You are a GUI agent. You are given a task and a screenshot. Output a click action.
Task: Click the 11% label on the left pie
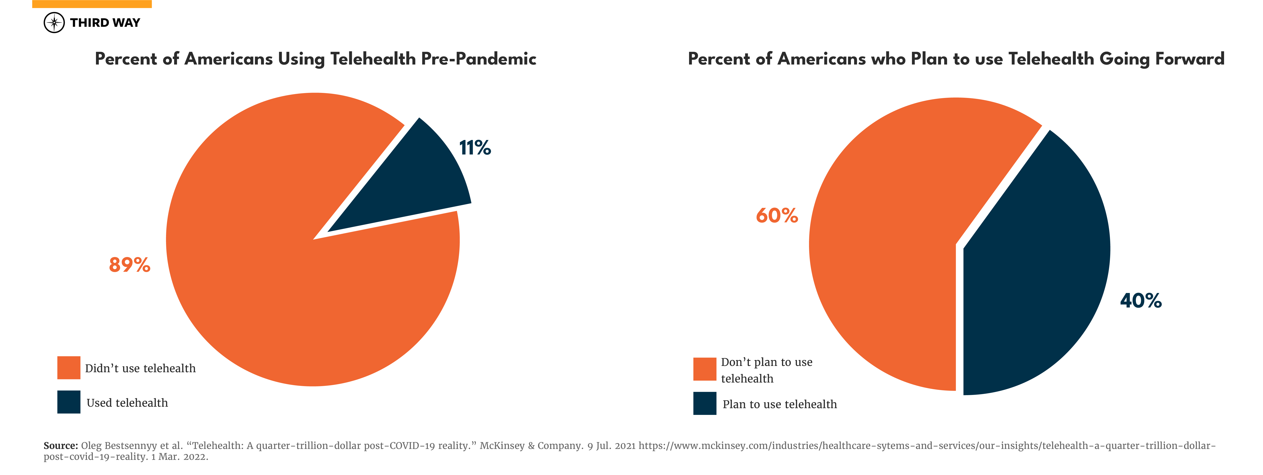pos(475,148)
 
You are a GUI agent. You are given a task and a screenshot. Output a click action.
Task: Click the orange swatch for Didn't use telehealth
pos(69,368)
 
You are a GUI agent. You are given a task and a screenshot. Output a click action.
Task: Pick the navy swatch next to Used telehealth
pos(69,402)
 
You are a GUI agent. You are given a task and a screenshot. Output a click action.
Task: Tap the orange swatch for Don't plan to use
pos(705,369)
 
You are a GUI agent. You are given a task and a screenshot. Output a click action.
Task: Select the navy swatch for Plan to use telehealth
pos(705,404)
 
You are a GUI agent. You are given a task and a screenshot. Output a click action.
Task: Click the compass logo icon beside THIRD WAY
pos(54,22)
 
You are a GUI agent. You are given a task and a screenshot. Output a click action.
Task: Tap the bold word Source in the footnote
pos(60,446)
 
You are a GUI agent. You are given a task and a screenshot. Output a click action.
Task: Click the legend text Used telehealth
pos(127,403)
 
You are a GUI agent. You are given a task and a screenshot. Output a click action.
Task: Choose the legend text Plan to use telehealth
pos(780,404)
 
